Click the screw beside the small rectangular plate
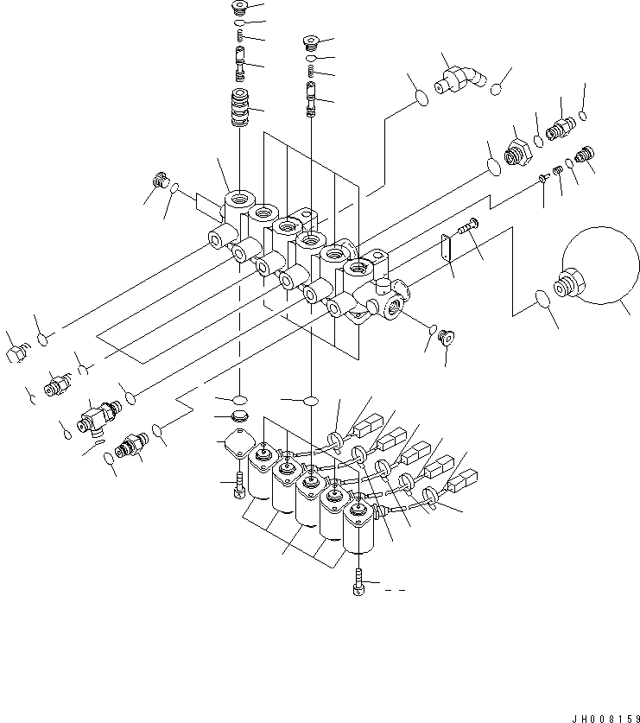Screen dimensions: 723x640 470,228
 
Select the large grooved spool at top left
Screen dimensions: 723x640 241,107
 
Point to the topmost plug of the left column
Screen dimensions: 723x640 240,9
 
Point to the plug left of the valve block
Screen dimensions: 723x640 159,181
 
